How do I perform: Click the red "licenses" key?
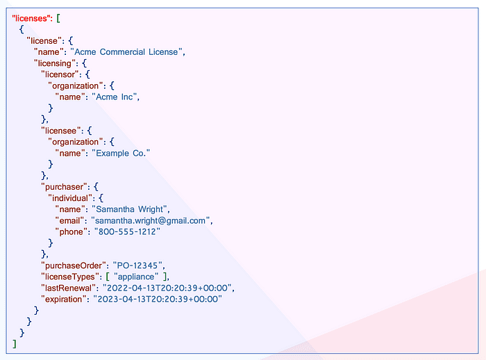32,17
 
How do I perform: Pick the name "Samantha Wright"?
131,209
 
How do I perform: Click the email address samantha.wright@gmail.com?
151,220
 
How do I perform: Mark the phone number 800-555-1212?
129,231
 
